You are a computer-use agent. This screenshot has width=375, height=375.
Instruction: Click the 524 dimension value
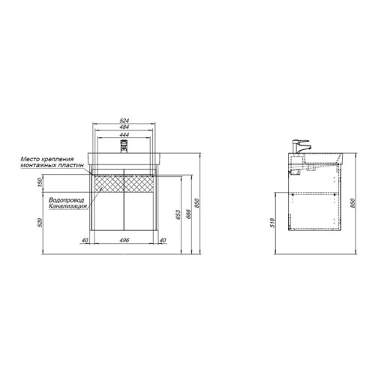[x=124, y=121]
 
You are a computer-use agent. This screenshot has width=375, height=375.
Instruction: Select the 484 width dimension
[x=124, y=127]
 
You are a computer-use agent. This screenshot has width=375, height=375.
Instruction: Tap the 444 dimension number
[x=124, y=135]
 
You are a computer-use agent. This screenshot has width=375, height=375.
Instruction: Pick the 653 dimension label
[x=178, y=214]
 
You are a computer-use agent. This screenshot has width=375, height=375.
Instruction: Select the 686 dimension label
[x=189, y=214]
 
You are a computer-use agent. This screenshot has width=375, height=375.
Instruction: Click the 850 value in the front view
[x=196, y=203]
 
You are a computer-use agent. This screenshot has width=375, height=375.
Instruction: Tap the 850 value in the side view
[x=352, y=203]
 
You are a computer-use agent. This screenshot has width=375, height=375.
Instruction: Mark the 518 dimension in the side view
[x=273, y=223]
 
